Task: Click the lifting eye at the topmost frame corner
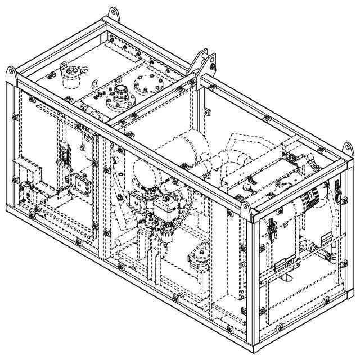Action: pyautogui.click(x=114, y=12)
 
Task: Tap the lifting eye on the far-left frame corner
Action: pyautogui.click(x=12, y=74)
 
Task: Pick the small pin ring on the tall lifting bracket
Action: pyautogui.click(x=215, y=67)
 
